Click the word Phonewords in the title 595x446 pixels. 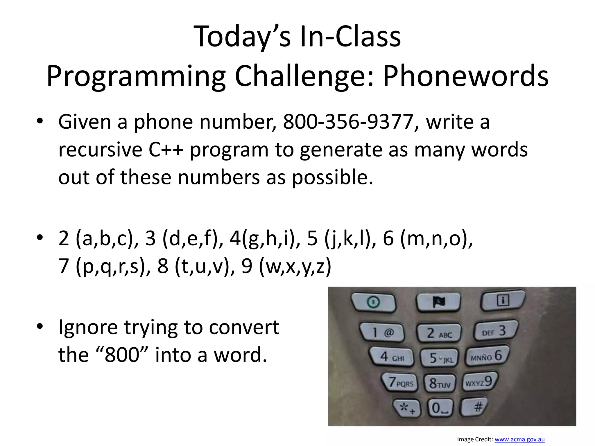pos(466,76)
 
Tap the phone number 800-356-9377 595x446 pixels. pos(348,122)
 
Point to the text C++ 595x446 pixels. pos(166,150)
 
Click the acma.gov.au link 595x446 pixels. pos(519,439)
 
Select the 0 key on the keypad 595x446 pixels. pos(440,408)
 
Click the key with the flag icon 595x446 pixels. pos(438,302)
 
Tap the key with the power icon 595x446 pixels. pos(373,302)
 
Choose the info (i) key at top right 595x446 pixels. pos(503,300)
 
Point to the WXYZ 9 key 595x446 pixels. pos(480,382)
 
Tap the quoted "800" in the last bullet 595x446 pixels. pos(121,355)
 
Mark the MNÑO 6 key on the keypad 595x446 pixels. pos(487,356)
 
